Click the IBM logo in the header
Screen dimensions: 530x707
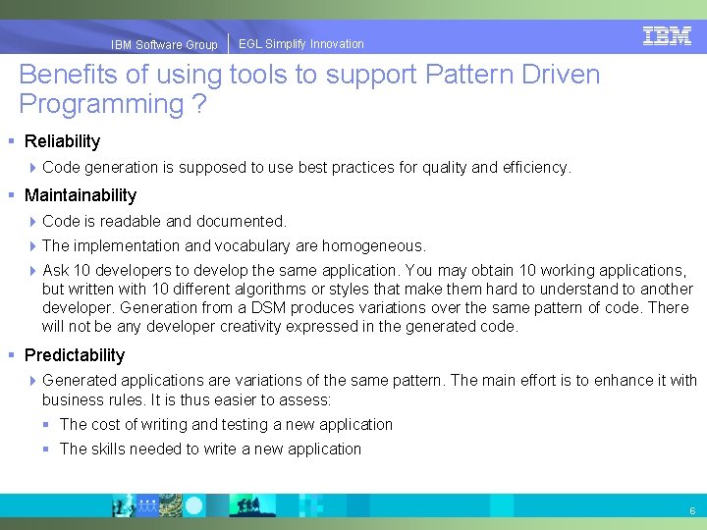point(667,36)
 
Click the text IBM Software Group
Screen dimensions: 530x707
point(164,45)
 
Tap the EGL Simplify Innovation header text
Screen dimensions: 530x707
point(300,44)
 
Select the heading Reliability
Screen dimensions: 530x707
point(62,141)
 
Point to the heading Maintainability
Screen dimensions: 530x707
point(81,195)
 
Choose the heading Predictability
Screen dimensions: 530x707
point(75,355)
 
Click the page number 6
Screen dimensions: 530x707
point(692,510)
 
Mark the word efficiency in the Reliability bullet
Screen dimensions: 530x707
point(535,167)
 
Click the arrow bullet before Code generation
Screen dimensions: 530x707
point(34,168)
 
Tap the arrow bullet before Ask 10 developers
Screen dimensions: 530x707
point(34,271)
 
